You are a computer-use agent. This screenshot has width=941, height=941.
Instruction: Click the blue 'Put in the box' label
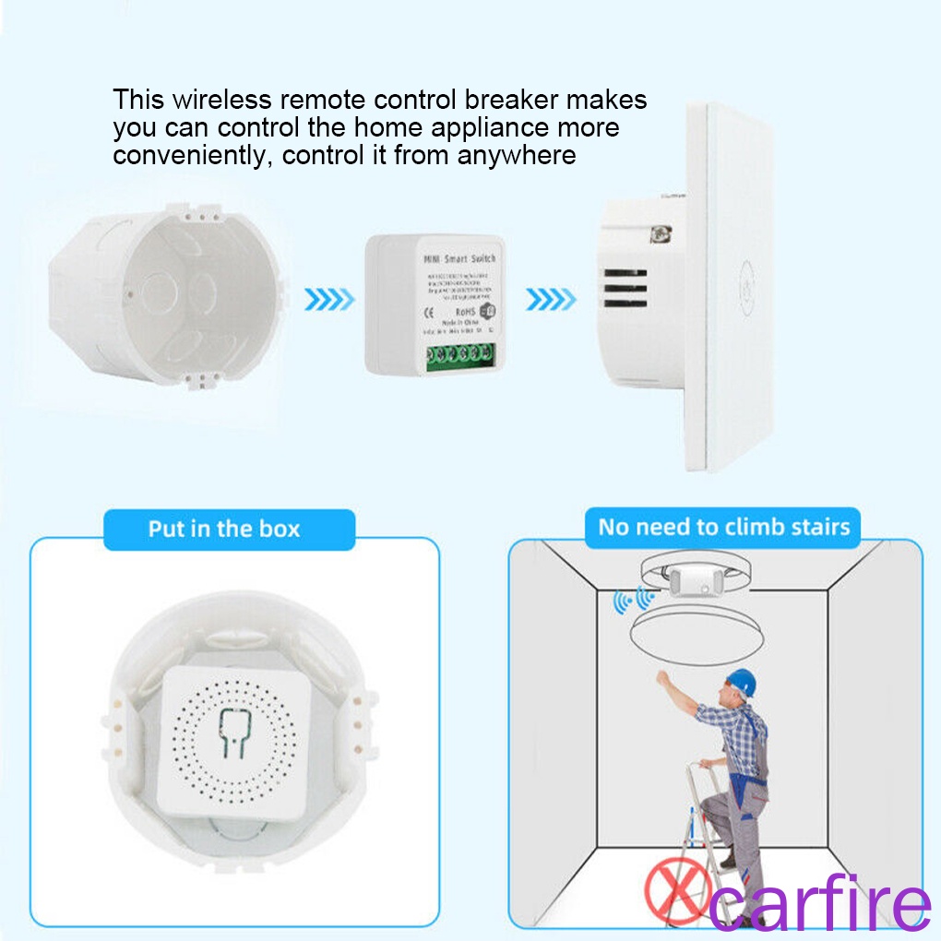point(224,529)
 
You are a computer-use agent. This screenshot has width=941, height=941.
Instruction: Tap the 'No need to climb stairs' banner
point(723,527)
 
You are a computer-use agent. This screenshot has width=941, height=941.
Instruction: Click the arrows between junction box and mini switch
point(328,299)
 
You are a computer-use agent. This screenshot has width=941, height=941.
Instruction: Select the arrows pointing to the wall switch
point(551,299)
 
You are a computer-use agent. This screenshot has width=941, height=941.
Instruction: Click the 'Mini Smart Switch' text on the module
point(459,259)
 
